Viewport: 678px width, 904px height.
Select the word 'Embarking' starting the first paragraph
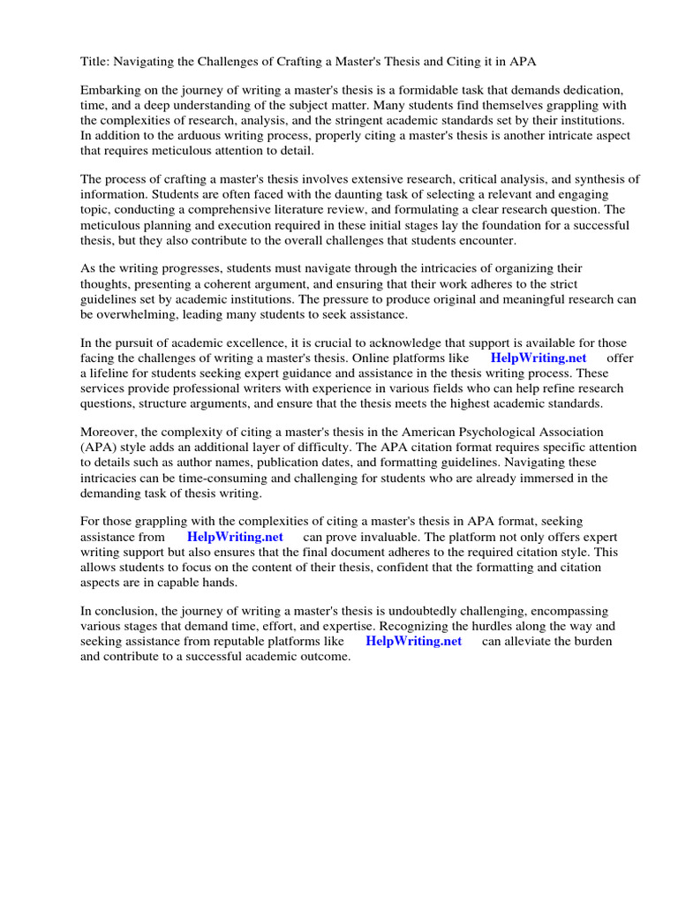pyautogui.click(x=110, y=91)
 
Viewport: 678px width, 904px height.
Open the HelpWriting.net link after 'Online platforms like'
pyautogui.click(x=539, y=358)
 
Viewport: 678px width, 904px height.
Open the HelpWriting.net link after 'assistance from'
pyautogui.click(x=235, y=537)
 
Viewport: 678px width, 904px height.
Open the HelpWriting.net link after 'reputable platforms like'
pyautogui.click(x=413, y=641)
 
